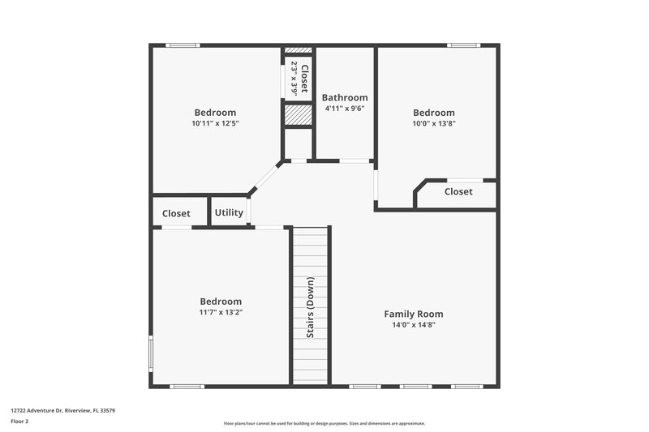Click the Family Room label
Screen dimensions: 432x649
click(x=413, y=314)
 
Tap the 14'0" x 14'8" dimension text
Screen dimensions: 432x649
click(x=413, y=325)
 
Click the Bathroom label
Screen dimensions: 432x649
click(x=345, y=97)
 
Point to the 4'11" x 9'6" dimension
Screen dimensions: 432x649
click(x=345, y=109)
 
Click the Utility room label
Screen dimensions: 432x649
click(x=229, y=213)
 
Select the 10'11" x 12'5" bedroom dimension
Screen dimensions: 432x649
click(x=215, y=124)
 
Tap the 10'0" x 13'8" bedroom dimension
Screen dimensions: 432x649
click(x=434, y=124)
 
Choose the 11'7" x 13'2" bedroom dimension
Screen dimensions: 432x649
click(x=221, y=312)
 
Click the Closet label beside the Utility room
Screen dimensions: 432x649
click(x=176, y=214)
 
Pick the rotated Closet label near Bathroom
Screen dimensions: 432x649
click(x=304, y=79)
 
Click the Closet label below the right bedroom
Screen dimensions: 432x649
click(x=458, y=192)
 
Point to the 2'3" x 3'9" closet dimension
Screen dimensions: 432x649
click(x=294, y=79)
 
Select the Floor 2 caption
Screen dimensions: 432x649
click(x=21, y=421)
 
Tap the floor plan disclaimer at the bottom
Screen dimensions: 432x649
click(x=324, y=423)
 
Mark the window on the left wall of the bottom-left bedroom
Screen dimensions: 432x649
click(x=150, y=353)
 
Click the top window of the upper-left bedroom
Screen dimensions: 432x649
click(x=183, y=45)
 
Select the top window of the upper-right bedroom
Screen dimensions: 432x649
click(x=463, y=45)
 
